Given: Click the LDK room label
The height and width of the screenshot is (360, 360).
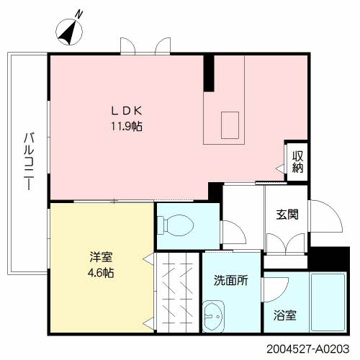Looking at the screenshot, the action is [x=127, y=111].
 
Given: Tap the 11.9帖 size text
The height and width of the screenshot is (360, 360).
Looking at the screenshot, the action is [x=127, y=126].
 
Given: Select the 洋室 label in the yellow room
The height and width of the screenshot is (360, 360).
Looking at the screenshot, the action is [x=101, y=257].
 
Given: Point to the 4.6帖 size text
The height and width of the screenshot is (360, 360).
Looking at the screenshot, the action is [x=101, y=273].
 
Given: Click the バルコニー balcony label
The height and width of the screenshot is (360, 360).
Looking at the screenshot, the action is [x=29, y=161].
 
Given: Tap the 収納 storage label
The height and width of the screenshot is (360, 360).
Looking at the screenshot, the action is [x=297, y=162].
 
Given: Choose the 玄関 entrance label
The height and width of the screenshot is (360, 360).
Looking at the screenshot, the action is [x=287, y=215].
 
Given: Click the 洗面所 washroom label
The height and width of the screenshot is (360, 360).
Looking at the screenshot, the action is [x=230, y=280].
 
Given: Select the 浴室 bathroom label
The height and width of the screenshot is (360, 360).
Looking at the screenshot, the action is [x=285, y=315].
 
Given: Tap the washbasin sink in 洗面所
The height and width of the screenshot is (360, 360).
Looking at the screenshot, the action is [x=213, y=316].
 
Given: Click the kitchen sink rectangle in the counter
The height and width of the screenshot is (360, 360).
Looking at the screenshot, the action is [x=230, y=125].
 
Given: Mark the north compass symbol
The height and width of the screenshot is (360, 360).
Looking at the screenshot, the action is [x=69, y=32].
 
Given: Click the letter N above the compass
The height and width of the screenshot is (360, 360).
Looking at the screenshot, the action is [x=78, y=14].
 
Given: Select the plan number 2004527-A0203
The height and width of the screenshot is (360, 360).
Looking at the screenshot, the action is [x=308, y=348].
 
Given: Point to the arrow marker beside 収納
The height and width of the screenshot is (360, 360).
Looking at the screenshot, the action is [x=280, y=168].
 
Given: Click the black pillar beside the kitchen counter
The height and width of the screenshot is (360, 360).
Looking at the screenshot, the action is [x=209, y=73].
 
